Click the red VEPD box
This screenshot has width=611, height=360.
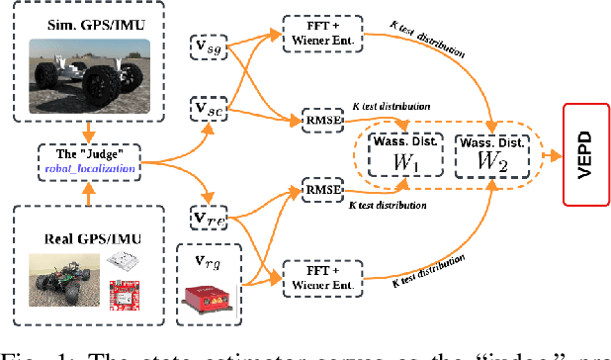pyautogui.click(x=585, y=155)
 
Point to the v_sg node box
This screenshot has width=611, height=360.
pyautogui.click(x=209, y=47)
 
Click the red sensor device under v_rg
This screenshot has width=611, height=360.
pyautogui.click(x=211, y=296)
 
